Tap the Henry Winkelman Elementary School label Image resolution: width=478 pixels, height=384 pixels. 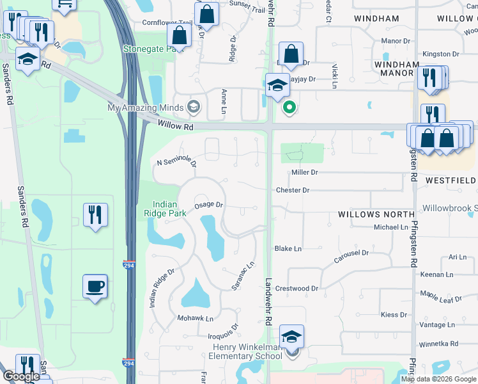pyautogui.click(x=247, y=351)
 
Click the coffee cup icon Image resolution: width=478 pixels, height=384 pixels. pyautogui.click(x=95, y=286)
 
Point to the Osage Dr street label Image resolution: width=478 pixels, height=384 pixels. pyautogui.click(x=208, y=205)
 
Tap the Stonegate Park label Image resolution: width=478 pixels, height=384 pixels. pyautogui.click(x=148, y=48)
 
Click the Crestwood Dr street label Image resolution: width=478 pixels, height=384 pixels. pyautogui.click(x=297, y=289)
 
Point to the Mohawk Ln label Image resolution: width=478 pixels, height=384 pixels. pyautogui.click(x=196, y=318)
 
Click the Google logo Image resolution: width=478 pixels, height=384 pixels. pyautogui.click(x=21, y=376)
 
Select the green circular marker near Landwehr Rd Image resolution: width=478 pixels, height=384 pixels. pyautogui.click(x=289, y=108)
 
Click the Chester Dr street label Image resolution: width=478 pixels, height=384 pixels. pyautogui.click(x=292, y=190)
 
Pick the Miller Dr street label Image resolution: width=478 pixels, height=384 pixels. pyautogui.click(x=304, y=173)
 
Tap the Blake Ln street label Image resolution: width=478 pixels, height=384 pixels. pyautogui.click(x=288, y=248)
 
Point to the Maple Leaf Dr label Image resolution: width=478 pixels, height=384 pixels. pyautogui.click(x=441, y=298)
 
